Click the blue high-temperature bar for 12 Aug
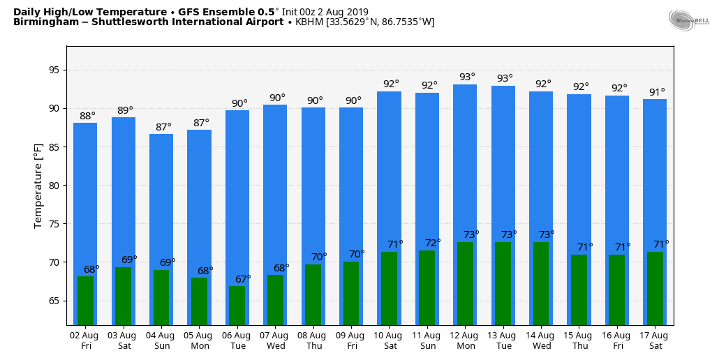[x=465, y=160]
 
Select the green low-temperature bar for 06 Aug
[x=237, y=306]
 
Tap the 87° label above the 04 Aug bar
[x=163, y=127]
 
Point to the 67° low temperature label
[x=243, y=279]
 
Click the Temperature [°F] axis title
[x=38, y=186]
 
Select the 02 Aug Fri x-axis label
[x=85, y=340]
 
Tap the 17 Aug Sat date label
[x=655, y=340]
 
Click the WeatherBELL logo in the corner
[x=689, y=20]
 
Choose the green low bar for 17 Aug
[x=655, y=288]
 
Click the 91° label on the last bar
[x=658, y=92]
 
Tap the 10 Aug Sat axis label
[x=389, y=340]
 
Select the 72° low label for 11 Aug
[x=433, y=243]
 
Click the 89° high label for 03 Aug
[x=125, y=110]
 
